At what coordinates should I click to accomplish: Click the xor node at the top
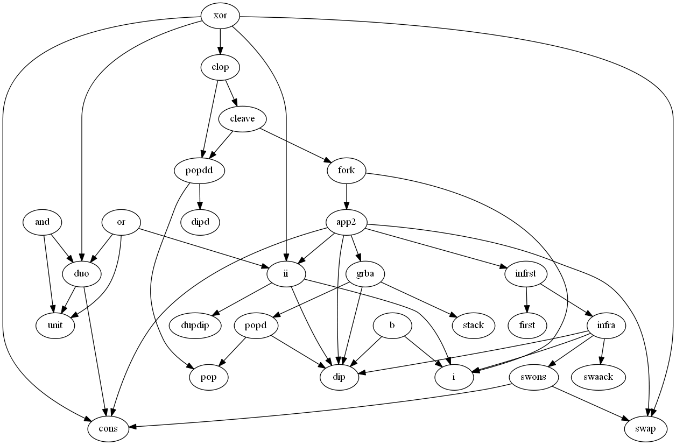pyautogui.click(x=220, y=16)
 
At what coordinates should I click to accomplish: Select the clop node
pyautogui.click(x=220, y=67)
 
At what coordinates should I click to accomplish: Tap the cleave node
pyautogui.click(x=242, y=119)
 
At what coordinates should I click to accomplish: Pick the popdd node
pyautogui.click(x=200, y=171)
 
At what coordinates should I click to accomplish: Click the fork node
pyautogui.click(x=347, y=171)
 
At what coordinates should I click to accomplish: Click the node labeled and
pyautogui.click(x=43, y=222)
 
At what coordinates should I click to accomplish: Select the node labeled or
pyautogui.click(x=121, y=222)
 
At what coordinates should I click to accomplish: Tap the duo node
pyautogui.click(x=82, y=274)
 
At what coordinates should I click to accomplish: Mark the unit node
pyautogui.click(x=55, y=326)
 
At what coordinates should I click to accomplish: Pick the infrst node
pyautogui.click(x=526, y=274)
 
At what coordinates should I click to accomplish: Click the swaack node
pyautogui.click(x=605, y=377)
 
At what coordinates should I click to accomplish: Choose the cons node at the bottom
pyautogui.click(x=109, y=429)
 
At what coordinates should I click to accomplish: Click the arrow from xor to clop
pyautogui.click(x=220, y=41)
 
